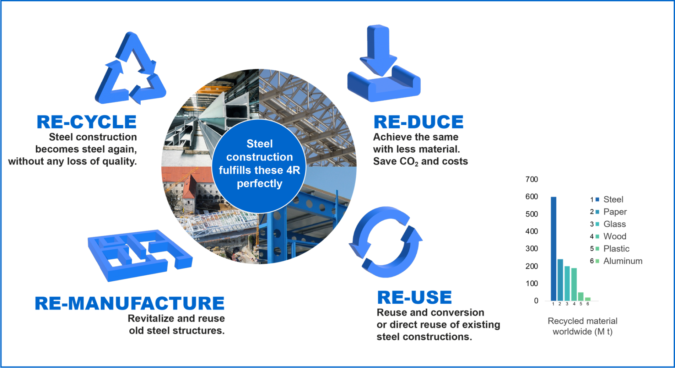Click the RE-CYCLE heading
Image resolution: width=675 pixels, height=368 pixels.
[x=87, y=122]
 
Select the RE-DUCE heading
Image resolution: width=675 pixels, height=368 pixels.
[x=418, y=122]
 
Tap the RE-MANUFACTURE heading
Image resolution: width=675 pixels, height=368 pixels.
[x=130, y=303]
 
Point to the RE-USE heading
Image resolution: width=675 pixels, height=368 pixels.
[x=414, y=297]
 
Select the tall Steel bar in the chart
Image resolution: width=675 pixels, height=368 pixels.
[x=553, y=249]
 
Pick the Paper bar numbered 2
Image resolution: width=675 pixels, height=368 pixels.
[x=560, y=280]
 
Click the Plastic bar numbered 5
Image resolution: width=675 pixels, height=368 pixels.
[x=581, y=296]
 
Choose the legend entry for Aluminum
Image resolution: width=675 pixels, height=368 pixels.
[x=616, y=261]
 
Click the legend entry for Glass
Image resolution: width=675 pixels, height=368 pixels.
[x=608, y=224]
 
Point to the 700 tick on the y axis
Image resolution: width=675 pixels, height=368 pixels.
[x=531, y=179]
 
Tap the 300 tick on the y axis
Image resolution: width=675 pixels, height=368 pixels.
[x=531, y=249]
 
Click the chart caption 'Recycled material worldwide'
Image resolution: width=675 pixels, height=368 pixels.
[x=583, y=326]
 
